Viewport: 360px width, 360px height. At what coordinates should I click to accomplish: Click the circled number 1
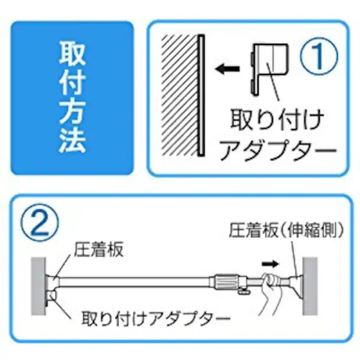pyautogui.click(x=319, y=56)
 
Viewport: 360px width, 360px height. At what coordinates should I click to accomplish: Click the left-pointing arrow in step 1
pyautogui.click(x=228, y=69)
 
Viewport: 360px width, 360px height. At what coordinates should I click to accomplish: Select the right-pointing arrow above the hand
pyautogui.click(x=270, y=264)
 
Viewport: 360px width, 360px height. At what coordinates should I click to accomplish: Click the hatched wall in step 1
pyautogui.click(x=180, y=96)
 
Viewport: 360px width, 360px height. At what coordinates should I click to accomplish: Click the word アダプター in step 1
pyautogui.click(x=278, y=149)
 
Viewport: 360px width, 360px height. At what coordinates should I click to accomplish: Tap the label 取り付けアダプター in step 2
pyautogui.click(x=156, y=318)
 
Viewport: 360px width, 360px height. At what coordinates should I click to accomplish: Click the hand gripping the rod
pyautogui.click(x=273, y=290)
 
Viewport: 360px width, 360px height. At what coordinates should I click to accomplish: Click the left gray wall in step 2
pyautogui.click(x=38, y=286)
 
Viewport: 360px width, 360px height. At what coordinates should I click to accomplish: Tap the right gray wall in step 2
pyautogui.click(x=310, y=286)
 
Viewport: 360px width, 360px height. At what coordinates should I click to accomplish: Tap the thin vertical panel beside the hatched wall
pyautogui.click(x=201, y=96)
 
